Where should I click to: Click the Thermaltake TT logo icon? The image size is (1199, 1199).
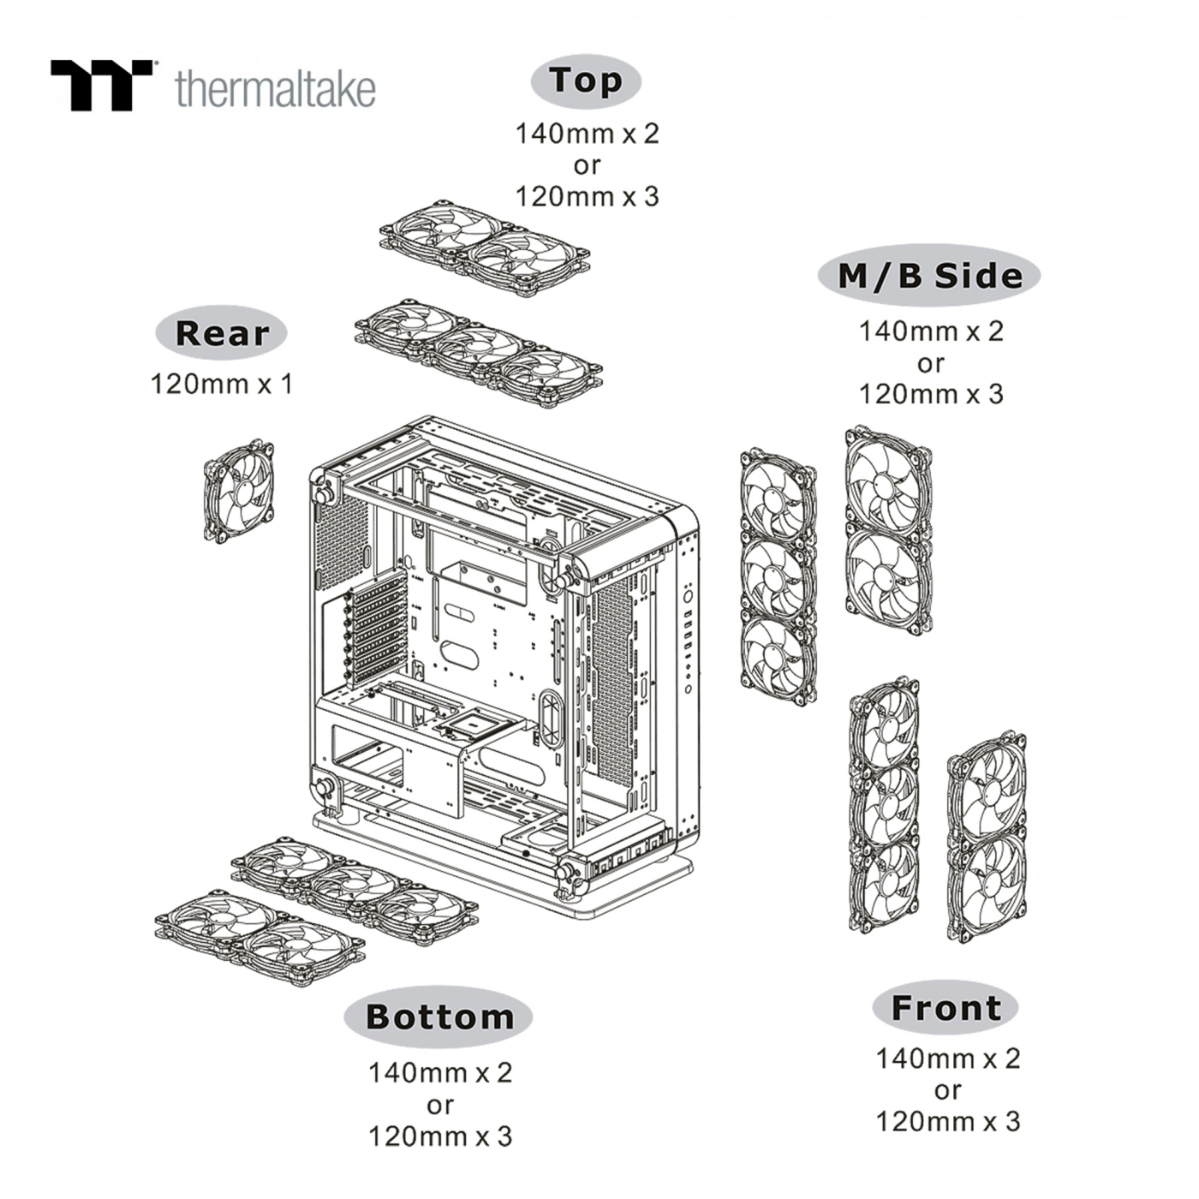pyautogui.click(x=100, y=85)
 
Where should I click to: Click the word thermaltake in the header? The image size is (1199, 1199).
pyautogui.click(x=275, y=88)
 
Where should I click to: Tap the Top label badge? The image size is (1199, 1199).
pyautogui.click(x=586, y=81)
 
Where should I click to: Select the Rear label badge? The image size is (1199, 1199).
pyautogui.click(x=221, y=332)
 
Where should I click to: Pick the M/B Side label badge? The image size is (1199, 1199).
pyautogui.click(x=928, y=276)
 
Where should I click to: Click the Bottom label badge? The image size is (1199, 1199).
pyautogui.click(x=438, y=1017)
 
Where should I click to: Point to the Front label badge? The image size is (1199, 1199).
pyautogui.click(x=945, y=1007)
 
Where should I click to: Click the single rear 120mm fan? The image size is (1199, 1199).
pyautogui.click(x=239, y=491)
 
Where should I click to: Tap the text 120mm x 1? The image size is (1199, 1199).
pyautogui.click(x=222, y=384)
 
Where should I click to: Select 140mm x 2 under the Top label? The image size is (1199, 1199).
pyautogui.click(x=587, y=134)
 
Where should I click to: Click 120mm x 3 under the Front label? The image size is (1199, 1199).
pyautogui.click(x=947, y=1121)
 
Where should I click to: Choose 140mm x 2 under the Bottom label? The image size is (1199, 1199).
pyautogui.click(x=439, y=1072)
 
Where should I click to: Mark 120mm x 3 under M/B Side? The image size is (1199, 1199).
pyautogui.click(x=930, y=394)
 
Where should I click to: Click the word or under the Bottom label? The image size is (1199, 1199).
pyautogui.click(x=439, y=1105)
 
